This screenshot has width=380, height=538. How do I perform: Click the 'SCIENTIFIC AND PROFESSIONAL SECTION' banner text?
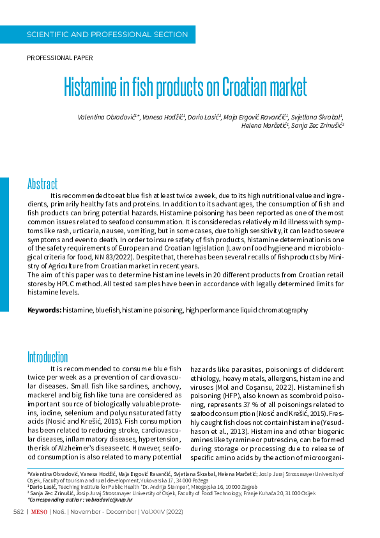pos(107,35)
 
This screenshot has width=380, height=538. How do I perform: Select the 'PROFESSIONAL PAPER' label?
pos(59,58)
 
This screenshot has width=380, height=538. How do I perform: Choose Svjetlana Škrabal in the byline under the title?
pos(317,117)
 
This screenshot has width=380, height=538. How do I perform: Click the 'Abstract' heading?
pos(42,184)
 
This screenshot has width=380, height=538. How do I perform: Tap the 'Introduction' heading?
pos(47,357)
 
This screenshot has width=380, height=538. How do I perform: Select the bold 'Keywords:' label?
pos(44,310)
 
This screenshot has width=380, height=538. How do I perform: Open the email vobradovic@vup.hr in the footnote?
pos(108,499)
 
